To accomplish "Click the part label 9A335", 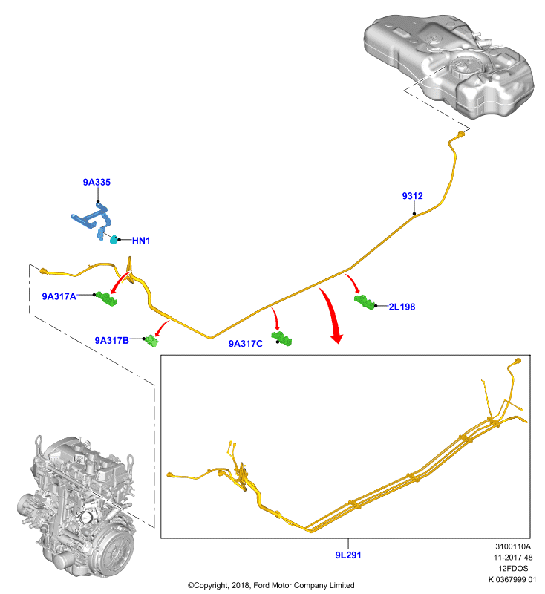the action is tap(97, 182).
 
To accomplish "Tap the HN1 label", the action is tap(141, 241).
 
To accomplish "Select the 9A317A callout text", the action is tap(59, 296).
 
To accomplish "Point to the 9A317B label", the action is tap(111, 341).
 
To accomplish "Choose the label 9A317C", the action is tap(246, 344).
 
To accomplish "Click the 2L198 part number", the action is tap(402, 307).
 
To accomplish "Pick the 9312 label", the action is tap(412, 196).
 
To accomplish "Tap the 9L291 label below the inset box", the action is tap(348, 555).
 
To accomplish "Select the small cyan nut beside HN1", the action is tap(114, 239).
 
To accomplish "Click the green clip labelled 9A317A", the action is tap(106, 298).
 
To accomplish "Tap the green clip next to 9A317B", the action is tap(152, 341).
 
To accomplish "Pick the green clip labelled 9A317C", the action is tap(281, 339).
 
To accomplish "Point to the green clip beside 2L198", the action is tap(365, 302).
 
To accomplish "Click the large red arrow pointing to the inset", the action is tap(330, 314).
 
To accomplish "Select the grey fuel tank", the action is tap(448, 65).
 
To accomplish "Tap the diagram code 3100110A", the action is tap(513, 546).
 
